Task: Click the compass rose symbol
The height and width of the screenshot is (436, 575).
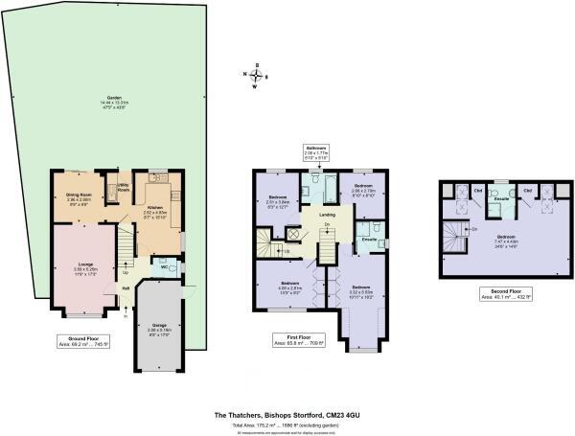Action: [x=255, y=74]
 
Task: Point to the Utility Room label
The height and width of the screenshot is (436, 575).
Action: [x=123, y=188]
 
